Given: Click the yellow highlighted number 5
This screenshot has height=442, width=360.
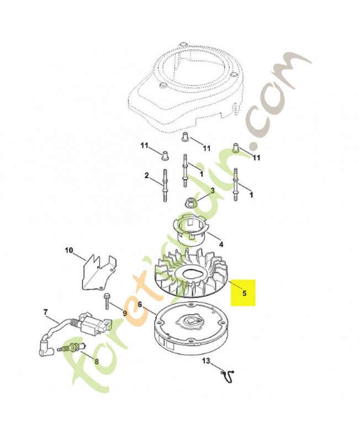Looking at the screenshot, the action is click(244, 293).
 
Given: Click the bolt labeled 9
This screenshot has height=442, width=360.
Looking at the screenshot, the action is click(107, 301).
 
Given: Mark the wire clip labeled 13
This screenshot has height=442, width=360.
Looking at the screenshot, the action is click(228, 375).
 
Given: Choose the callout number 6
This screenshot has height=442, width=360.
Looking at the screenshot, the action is click(140, 304).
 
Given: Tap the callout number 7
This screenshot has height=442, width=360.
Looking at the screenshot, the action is click(46, 312).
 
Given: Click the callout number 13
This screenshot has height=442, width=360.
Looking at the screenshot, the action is click(206, 361).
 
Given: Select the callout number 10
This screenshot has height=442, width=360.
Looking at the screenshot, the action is click(68, 250).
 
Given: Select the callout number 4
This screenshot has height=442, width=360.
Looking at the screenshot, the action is click(221, 244).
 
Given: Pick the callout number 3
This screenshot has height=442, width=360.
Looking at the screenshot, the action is click(213, 191).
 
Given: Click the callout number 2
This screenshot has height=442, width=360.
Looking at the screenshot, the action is click(146, 176).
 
